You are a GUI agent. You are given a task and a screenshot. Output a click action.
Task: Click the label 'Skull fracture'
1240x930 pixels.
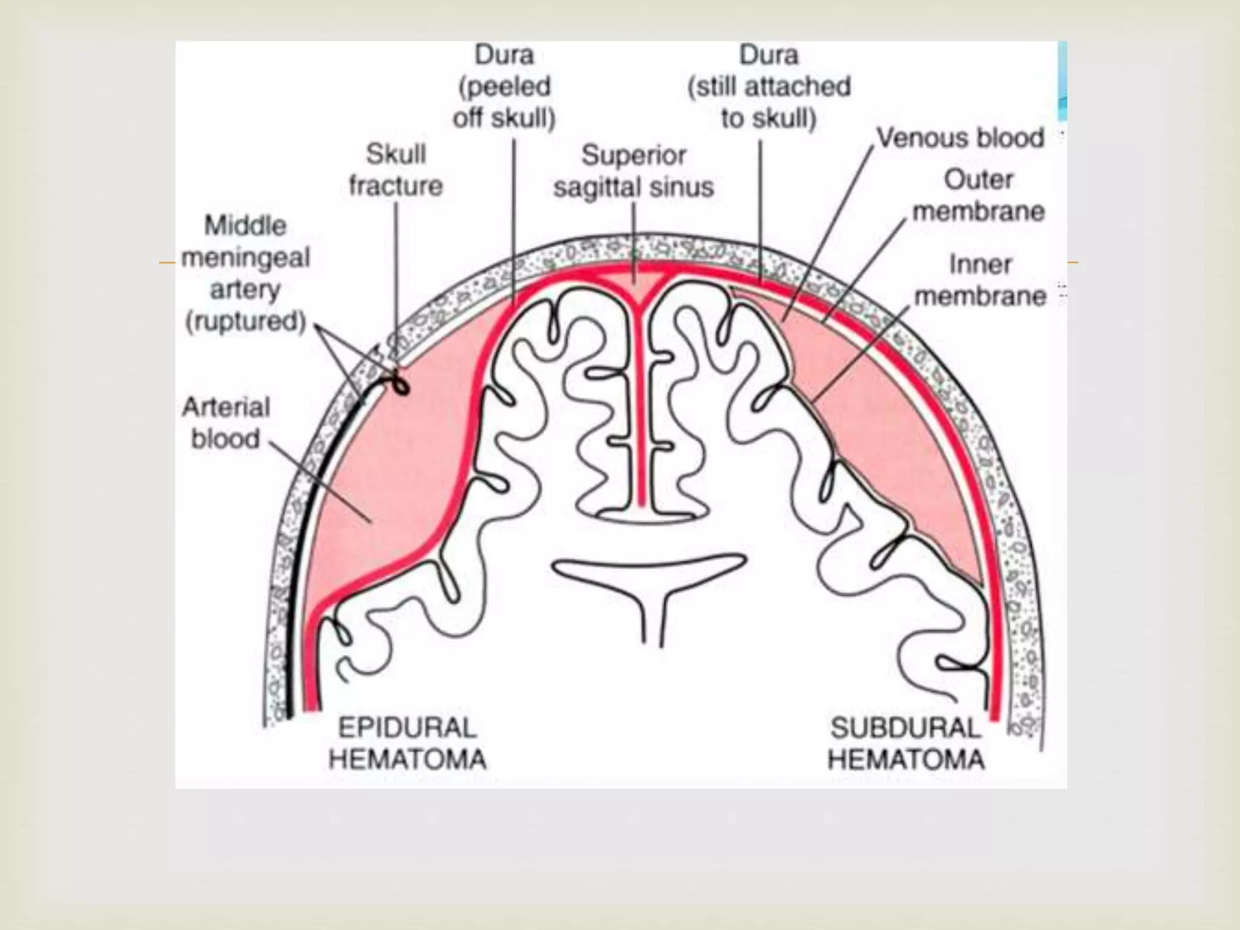[396, 170]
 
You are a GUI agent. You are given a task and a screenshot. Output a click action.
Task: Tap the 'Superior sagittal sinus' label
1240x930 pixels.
[633, 171]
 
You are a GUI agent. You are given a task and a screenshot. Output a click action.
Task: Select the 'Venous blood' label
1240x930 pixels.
[960, 138]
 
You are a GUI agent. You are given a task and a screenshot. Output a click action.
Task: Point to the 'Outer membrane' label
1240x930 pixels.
[978, 196]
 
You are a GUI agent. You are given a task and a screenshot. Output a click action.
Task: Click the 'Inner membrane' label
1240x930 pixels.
[980, 280]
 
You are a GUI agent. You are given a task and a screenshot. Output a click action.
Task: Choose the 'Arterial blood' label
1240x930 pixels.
[226, 423]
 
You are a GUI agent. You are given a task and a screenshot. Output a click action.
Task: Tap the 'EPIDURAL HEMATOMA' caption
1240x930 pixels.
[407, 744]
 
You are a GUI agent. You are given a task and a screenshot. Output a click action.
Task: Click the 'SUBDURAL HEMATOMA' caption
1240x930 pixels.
[906, 744]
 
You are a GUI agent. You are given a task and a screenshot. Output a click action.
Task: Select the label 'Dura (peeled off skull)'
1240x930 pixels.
[504, 87]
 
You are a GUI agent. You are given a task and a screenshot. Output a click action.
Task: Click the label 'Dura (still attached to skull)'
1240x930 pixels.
[769, 87]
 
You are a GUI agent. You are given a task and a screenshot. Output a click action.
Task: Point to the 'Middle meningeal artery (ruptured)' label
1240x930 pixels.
[245, 273]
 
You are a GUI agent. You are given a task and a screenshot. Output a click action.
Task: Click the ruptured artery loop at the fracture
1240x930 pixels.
[400, 384]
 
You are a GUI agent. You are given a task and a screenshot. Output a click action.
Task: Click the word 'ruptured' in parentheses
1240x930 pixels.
[245, 321]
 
